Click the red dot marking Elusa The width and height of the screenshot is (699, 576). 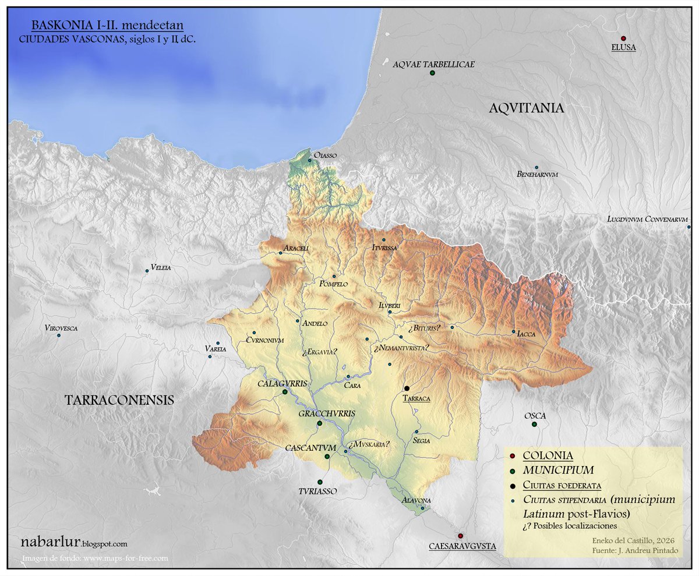tap(623, 38)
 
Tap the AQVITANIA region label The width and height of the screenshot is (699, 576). tap(526, 108)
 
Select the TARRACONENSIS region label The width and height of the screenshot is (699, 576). tap(119, 400)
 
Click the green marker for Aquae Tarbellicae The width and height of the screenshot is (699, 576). tap(432, 73)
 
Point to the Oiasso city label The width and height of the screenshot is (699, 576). tap(325, 156)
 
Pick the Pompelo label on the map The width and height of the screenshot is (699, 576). tap(333, 284)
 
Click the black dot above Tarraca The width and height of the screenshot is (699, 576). tap(407, 388)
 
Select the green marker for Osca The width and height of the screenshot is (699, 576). tap(534, 424)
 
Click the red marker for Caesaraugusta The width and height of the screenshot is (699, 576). tap(460, 536)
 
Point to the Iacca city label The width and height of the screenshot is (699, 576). tap(525, 334)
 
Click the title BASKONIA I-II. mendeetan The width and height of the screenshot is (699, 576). tap(107, 26)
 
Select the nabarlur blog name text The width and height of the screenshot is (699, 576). tap(75, 542)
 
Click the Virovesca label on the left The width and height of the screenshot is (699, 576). tap(61, 328)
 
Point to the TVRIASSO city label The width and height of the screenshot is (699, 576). tap(319, 491)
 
